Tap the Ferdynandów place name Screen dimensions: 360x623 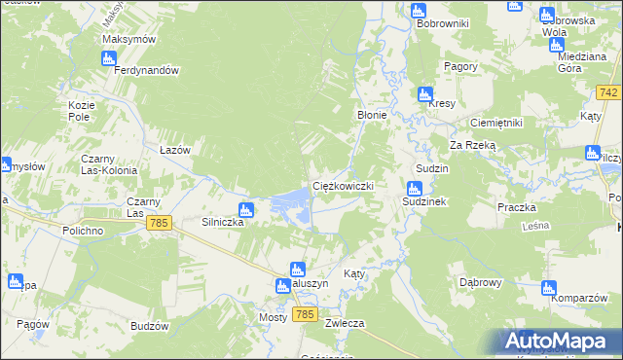point(147,71)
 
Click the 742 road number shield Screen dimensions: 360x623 point(609,92)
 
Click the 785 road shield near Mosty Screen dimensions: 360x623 point(305,314)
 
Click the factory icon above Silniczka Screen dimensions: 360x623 point(246,209)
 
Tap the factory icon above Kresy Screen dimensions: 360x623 point(424,94)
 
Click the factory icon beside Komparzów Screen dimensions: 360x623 point(548,288)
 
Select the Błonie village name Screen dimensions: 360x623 point(372,115)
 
